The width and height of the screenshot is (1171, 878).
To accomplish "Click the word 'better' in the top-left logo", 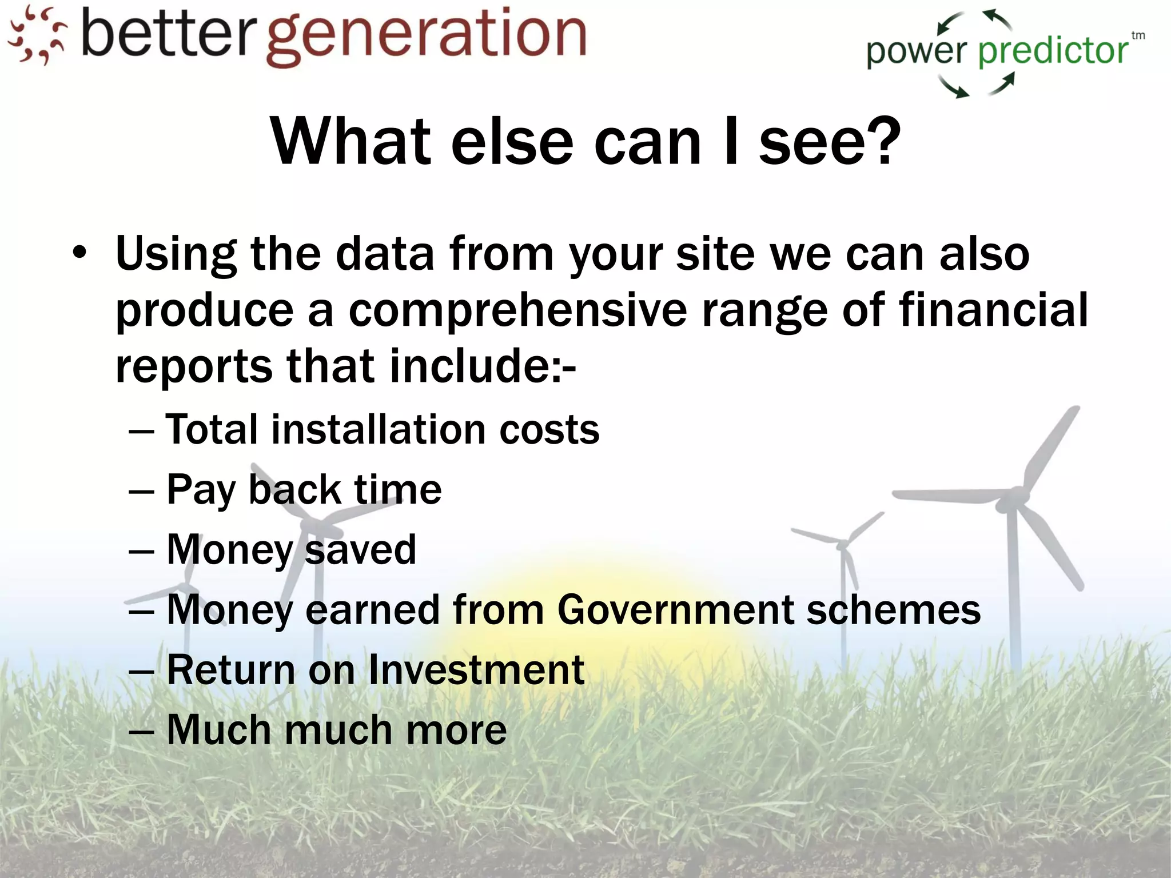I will tap(167, 34).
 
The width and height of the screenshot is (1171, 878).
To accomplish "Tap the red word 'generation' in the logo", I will tap(427, 37).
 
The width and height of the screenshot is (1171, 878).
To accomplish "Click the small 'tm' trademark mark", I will tap(1138, 35).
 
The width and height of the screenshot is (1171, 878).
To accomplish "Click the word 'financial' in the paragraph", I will tap(993, 310).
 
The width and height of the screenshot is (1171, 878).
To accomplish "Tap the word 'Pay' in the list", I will tap(201, 490).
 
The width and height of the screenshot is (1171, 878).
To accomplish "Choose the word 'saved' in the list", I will tap(361, 550).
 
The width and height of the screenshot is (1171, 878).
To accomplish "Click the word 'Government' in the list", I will tap(676, 610).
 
